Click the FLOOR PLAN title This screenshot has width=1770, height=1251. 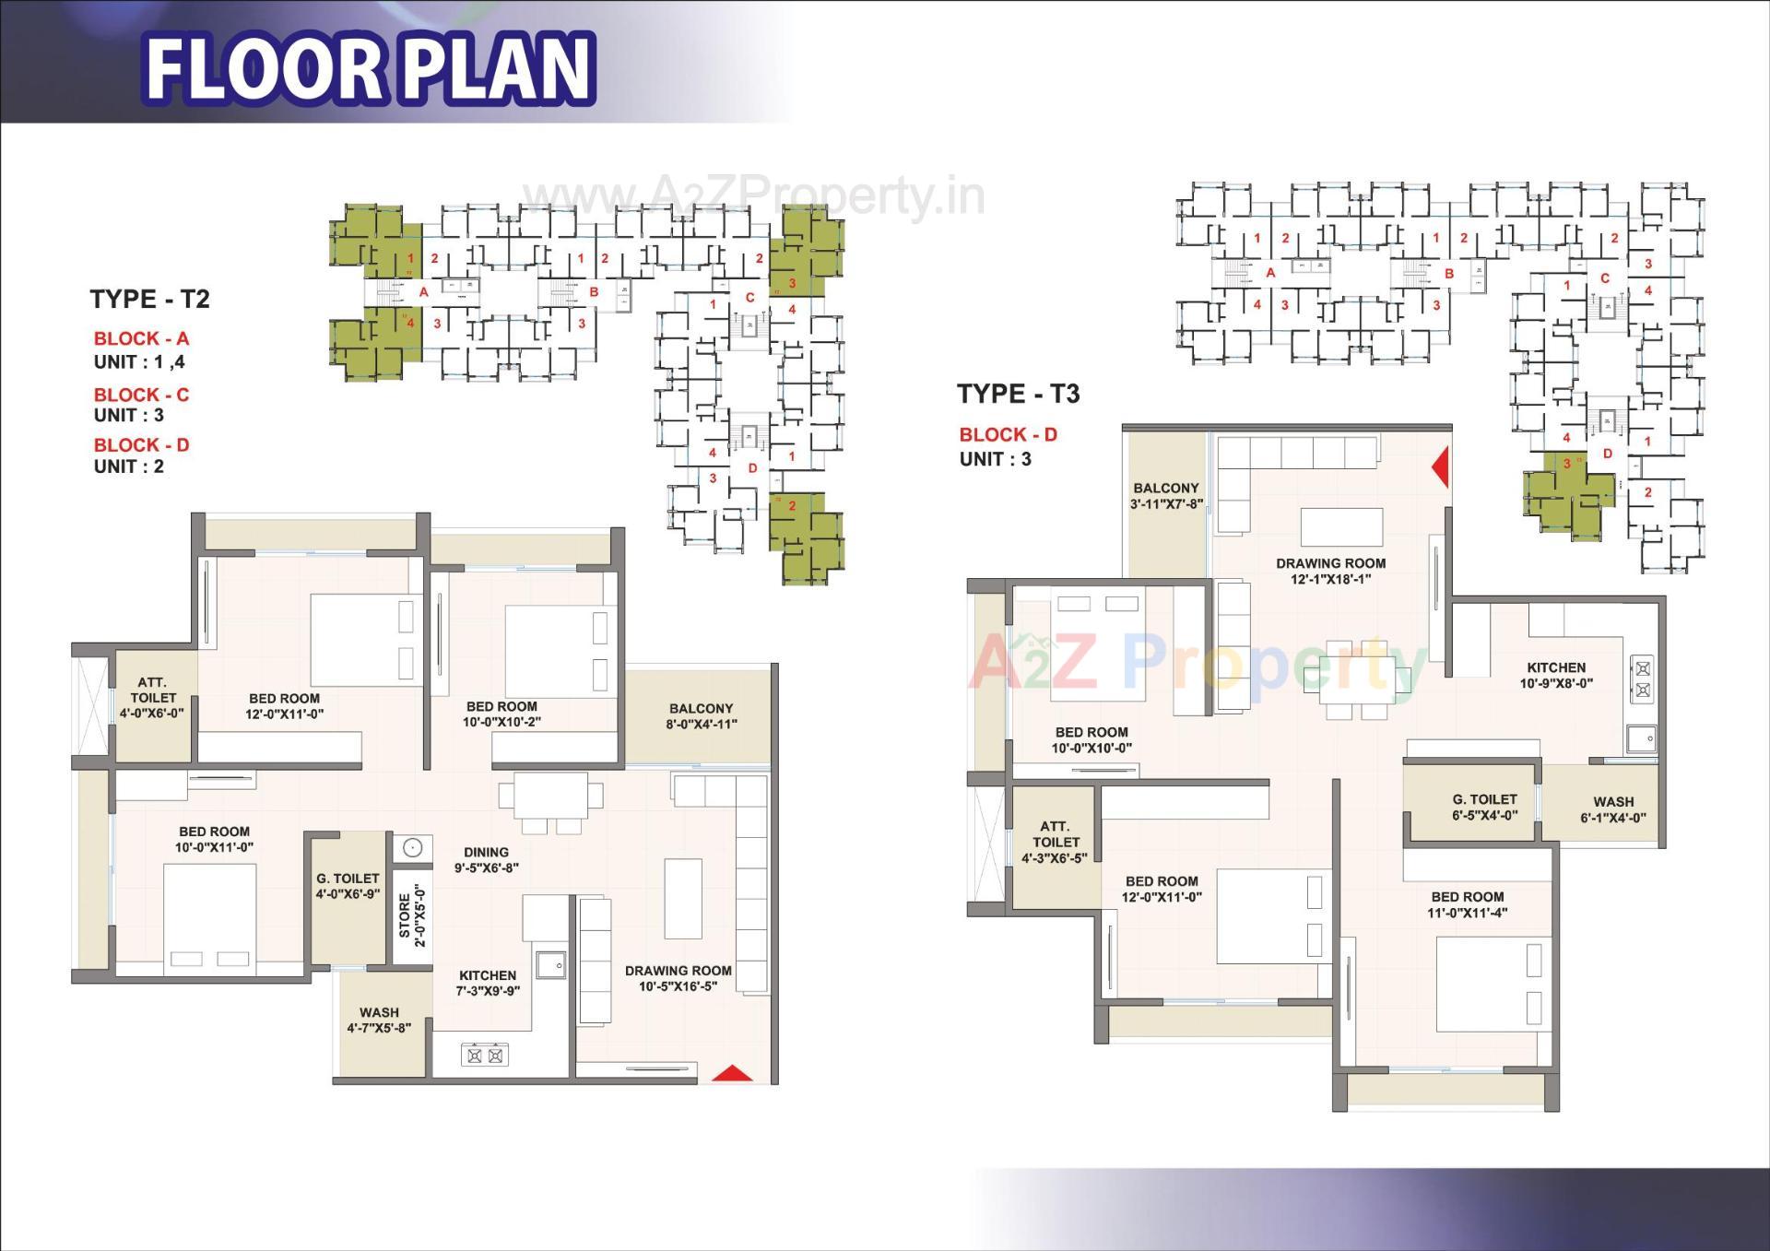369,66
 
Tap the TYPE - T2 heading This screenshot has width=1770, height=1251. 149,299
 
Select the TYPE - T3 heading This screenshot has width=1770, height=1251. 1018,394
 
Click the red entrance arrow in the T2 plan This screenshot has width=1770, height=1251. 733,1073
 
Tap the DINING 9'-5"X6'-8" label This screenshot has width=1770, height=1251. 486,860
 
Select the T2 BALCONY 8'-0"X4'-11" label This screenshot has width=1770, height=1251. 701,716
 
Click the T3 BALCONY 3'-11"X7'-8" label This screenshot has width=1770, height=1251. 1166,496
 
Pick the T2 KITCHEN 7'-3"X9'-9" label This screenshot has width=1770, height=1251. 488,983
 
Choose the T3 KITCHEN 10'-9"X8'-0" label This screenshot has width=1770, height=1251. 1556,675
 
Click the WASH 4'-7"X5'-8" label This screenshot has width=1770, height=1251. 379,1020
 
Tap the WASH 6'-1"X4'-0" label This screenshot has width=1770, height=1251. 1612,809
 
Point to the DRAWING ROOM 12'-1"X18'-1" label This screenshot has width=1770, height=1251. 1330,571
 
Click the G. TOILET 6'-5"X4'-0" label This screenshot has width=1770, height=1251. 1484,807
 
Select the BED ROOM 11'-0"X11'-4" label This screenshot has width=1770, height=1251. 1468,904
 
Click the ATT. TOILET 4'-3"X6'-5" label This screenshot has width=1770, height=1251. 1055,842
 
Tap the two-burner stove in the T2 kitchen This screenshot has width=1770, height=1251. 484,1055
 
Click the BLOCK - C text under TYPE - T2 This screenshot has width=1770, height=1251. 141,395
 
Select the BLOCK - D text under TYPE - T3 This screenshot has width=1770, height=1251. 1008,434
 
